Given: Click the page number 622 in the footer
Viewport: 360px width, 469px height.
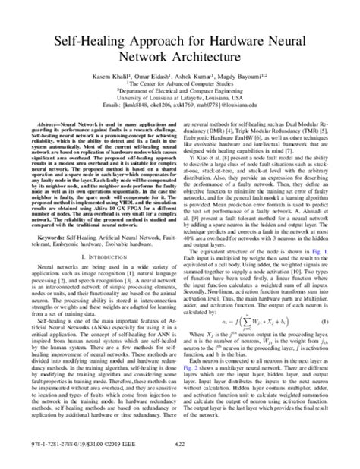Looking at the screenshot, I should [x=180, y=453].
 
